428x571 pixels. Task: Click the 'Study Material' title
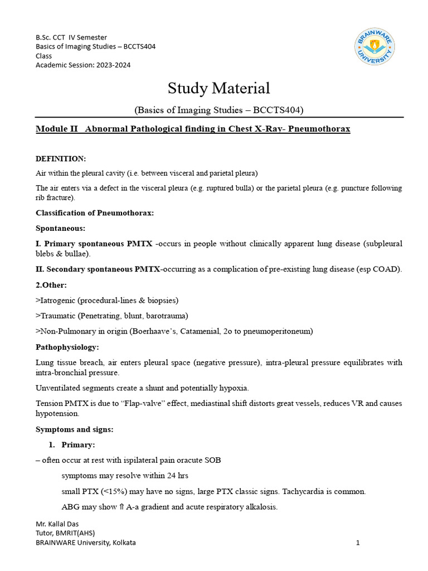(219, 88)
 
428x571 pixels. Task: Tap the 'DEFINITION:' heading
(61, 159)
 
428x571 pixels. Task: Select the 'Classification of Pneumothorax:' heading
(95, 212)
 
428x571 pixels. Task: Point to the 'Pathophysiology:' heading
(67, 347)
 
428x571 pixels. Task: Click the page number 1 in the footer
(358, 543)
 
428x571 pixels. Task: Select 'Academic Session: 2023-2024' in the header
(84, 65)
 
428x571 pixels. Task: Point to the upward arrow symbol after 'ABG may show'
(121, 507)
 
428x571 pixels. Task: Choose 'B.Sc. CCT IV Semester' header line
(71, 37)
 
